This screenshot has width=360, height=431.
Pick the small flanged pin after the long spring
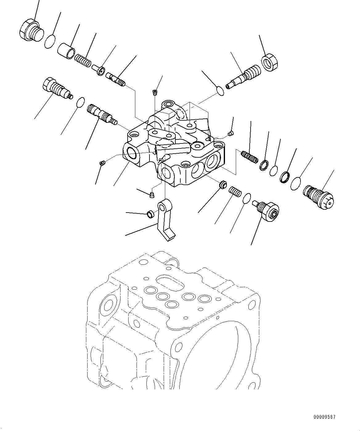[99, 69]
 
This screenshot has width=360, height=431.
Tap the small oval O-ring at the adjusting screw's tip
[220, 90]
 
